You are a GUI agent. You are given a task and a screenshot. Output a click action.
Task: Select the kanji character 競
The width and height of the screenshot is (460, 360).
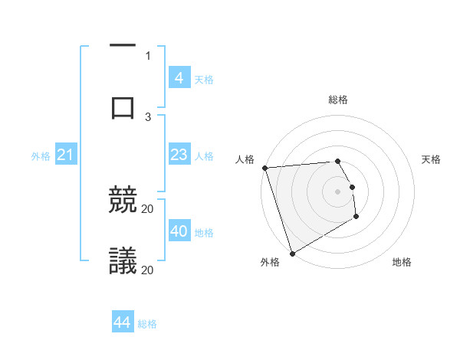(123, 201)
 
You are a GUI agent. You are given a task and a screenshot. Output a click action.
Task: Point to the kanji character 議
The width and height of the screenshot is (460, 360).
(123, 261)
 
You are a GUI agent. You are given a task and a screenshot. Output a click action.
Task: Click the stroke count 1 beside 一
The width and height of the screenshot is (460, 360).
(148, 56)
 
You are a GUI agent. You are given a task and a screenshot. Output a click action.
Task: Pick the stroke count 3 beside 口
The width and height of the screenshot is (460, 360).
(148, 117)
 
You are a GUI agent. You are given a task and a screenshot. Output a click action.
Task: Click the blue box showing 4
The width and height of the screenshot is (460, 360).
(179, 78)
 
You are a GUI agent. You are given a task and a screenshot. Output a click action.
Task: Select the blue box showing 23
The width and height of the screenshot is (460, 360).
(179, 155)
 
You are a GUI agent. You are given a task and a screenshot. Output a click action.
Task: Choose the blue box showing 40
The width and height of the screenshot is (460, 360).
(179, 231)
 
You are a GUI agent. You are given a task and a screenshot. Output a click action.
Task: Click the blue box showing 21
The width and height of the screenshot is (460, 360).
(65, 155)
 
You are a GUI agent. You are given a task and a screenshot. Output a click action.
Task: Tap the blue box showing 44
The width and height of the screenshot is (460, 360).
(122, 322)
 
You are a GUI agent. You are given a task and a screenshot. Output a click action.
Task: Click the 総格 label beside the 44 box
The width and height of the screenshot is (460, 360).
(147, 324)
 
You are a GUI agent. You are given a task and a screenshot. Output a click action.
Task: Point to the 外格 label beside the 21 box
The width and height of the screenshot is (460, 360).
(41, 156)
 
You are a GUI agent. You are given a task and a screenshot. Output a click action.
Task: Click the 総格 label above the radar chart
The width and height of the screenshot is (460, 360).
(337, 100)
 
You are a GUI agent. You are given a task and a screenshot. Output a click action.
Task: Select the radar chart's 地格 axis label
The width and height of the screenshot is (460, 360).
(402, 262)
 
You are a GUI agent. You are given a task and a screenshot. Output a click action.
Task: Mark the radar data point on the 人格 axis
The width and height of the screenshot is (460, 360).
(264, 168)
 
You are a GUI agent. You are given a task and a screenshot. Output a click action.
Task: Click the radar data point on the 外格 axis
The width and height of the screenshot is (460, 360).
(292, 253)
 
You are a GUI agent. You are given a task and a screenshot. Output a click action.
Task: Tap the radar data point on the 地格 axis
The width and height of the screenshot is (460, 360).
(356, 217)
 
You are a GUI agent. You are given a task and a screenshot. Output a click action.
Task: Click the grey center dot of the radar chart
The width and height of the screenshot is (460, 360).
(337, 191)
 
